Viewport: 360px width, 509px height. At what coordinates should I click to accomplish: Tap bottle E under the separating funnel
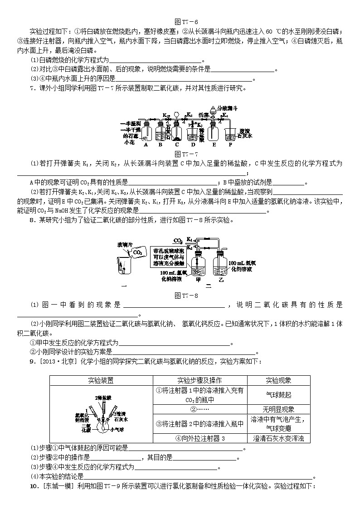[x=213, y=134]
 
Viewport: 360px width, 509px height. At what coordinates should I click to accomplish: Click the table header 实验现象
[x=278, y=381]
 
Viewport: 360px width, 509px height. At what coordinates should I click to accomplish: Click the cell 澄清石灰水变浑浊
[x=278, y=438]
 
